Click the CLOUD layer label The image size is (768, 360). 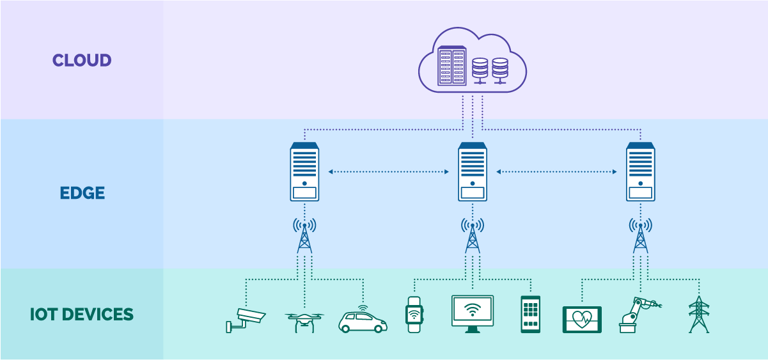82,60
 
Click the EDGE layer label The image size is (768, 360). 82,193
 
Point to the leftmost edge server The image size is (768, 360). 304,172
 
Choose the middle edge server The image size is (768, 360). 473,172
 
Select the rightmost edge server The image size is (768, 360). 641,172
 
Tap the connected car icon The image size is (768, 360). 363,320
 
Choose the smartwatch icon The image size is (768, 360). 414,315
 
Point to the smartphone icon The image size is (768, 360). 530,314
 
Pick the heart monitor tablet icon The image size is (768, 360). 582,319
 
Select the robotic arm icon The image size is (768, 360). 637,315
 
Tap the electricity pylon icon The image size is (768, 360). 699,314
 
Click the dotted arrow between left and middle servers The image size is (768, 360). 388,172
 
